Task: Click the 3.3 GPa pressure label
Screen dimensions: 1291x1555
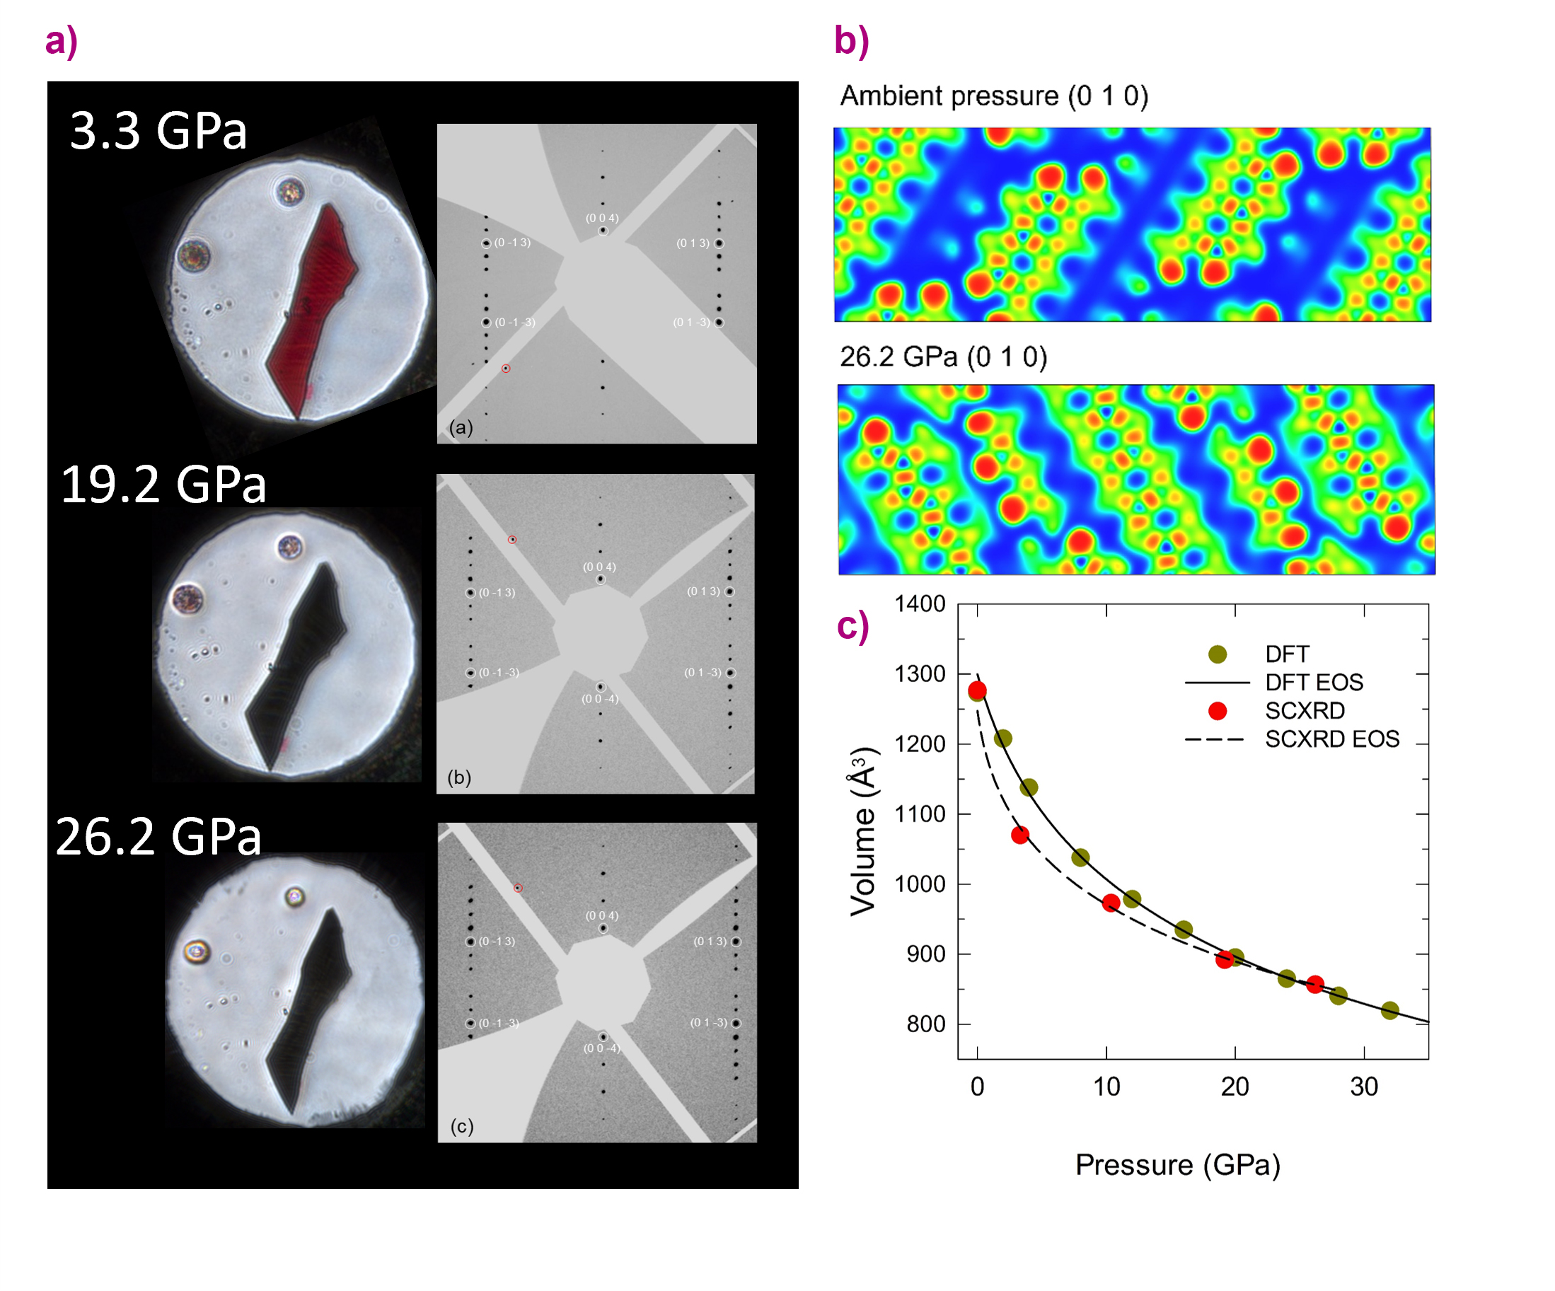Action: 158,131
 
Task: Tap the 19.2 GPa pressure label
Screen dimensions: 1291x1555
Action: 163,485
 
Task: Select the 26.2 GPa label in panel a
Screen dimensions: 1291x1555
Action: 158,838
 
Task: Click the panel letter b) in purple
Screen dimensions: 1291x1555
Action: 852,41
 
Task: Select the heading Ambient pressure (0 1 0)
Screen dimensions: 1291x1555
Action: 994,96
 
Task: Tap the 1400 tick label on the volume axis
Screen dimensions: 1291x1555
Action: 920,604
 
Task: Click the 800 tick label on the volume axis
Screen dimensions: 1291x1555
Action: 925,1024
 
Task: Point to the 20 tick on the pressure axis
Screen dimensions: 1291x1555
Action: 1235,1087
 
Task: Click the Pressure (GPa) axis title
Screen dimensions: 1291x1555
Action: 1177,1165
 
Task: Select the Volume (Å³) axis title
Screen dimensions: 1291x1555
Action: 863,831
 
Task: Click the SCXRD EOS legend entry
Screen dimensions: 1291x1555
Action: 1331,739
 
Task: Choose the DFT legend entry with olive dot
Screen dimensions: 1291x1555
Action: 1287,654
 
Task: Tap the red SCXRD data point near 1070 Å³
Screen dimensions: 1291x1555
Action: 1019,835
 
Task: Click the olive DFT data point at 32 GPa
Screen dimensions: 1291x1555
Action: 1390,1010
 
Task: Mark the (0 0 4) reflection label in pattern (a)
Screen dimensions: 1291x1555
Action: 602,219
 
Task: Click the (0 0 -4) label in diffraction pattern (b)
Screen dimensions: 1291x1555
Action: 600,700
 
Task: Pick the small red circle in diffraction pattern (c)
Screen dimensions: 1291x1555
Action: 519,888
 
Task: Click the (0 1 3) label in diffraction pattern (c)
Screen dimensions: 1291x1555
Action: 710,942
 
